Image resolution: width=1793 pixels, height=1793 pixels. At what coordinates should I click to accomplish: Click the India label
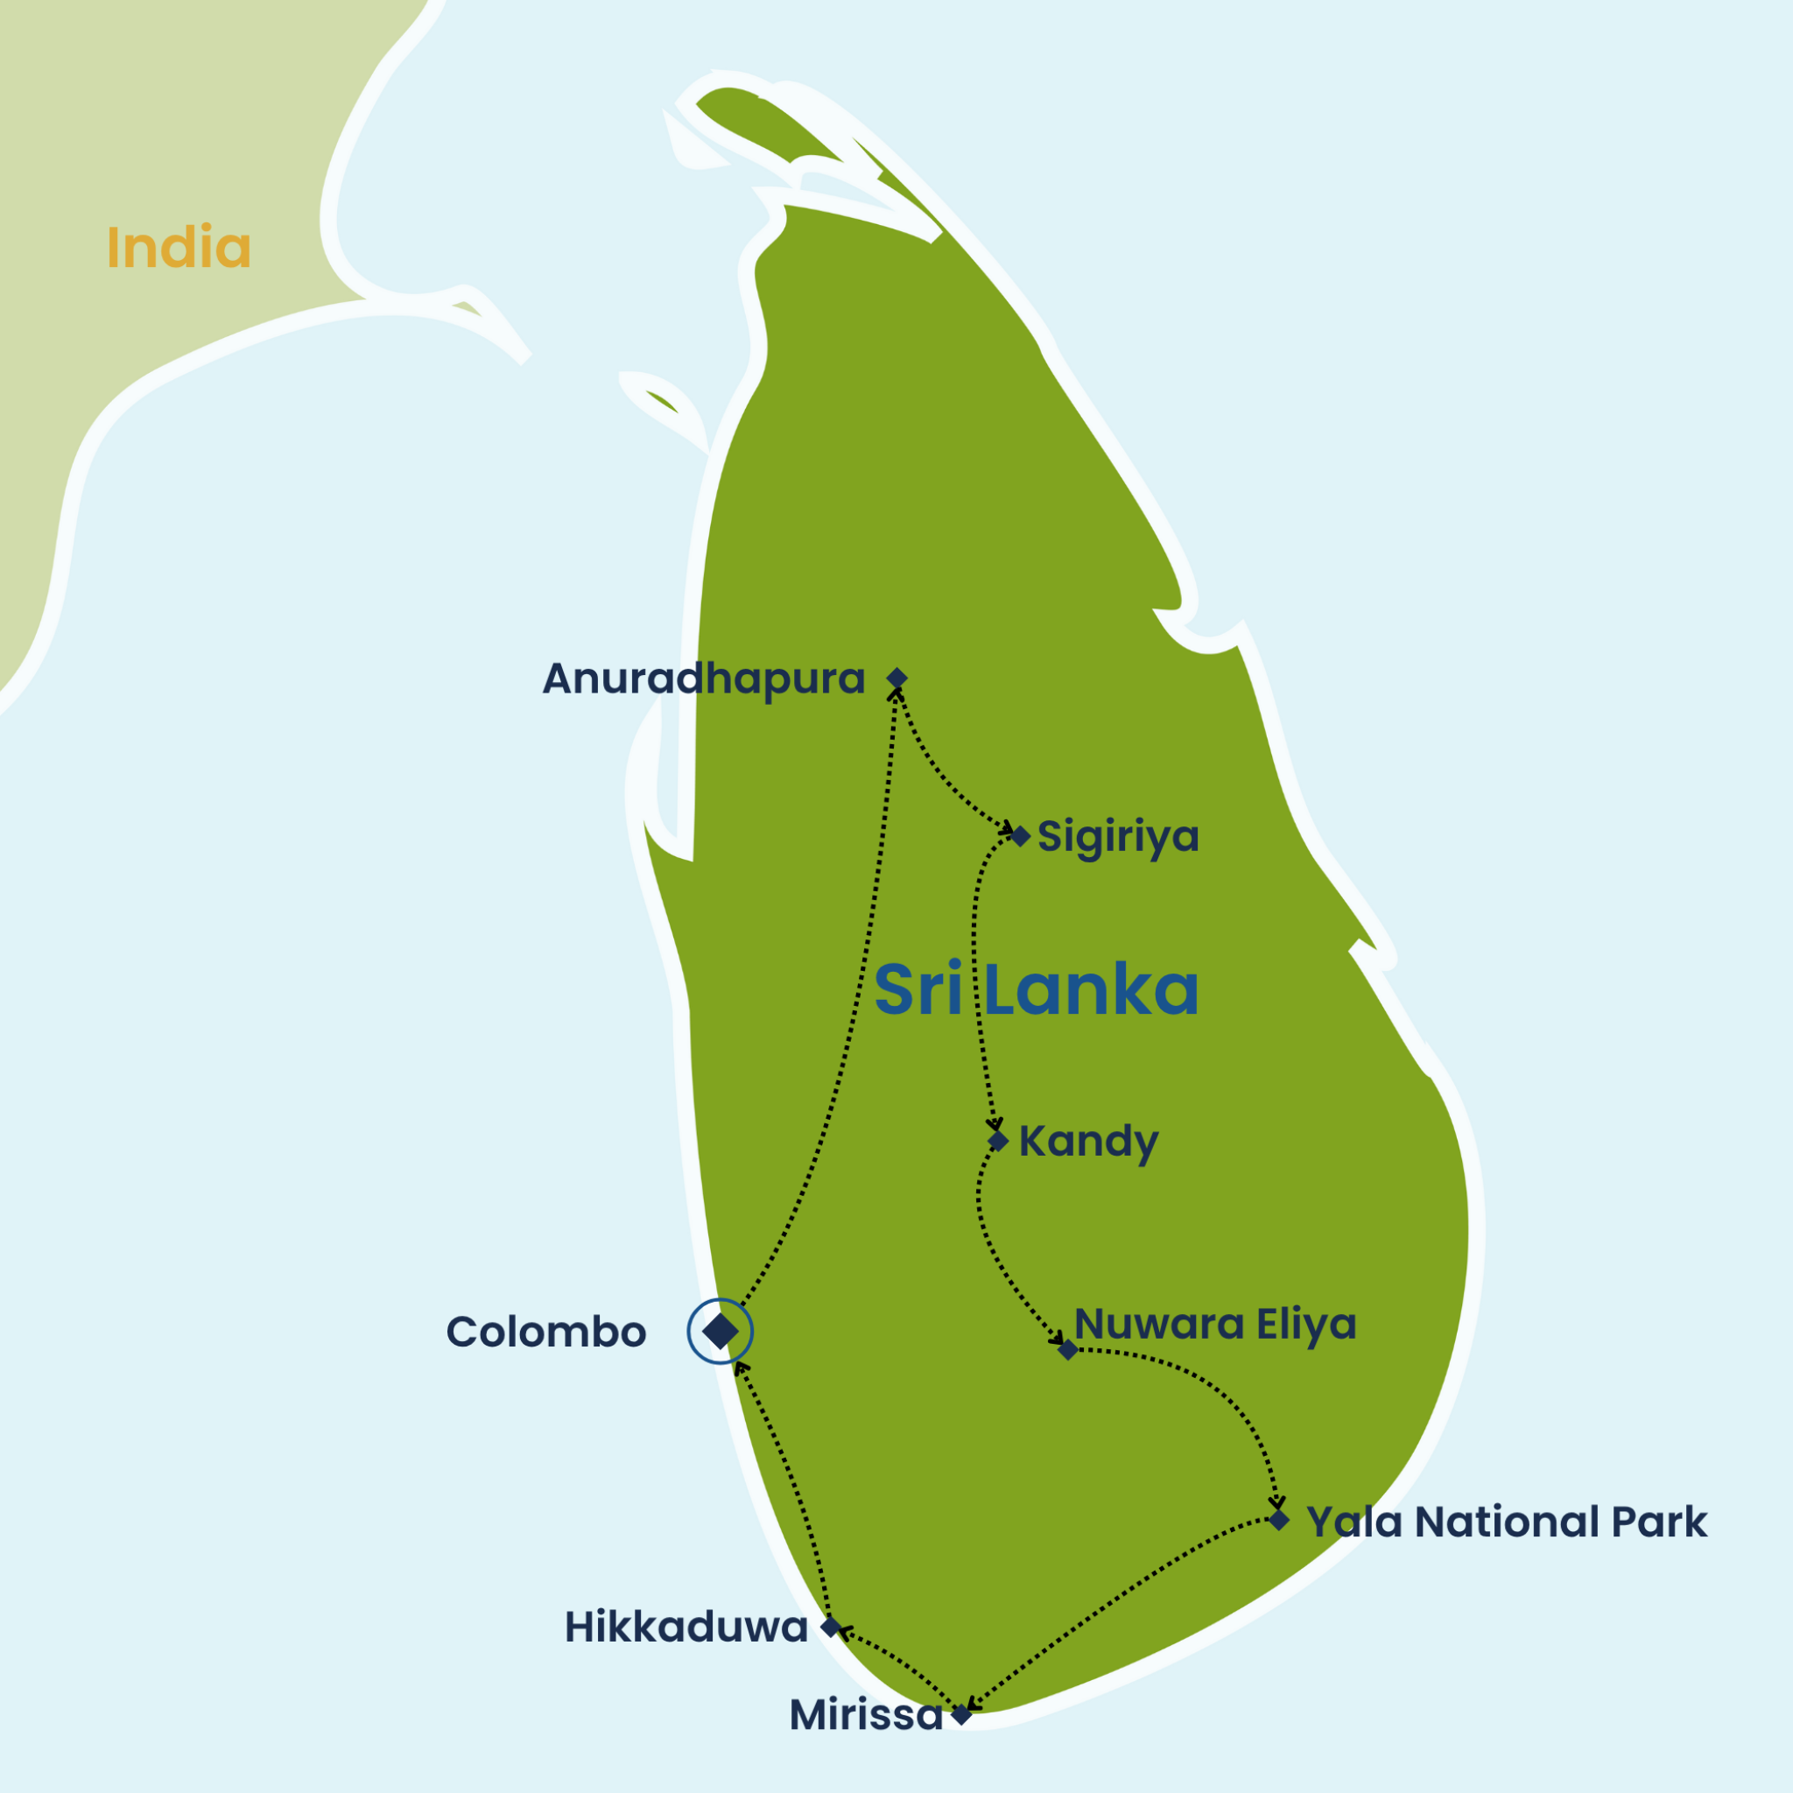coord(179,248)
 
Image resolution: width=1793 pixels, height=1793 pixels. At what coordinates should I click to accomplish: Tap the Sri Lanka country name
coord(1037,990)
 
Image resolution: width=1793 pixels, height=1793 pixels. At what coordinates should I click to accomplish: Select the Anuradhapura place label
coord(704,679)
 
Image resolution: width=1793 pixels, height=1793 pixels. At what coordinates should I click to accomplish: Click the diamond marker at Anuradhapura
coord(896,679)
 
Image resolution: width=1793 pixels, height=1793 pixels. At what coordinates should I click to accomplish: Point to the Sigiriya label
coord(1117,836)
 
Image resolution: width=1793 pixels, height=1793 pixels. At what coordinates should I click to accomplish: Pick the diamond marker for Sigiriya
coord(1020,836)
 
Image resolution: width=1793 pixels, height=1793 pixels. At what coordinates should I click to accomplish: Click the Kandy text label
coord(1088,1142)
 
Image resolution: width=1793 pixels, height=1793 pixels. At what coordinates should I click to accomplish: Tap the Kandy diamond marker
coord(998,1141)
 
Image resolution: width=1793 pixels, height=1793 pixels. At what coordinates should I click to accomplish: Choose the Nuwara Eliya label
coord(1216,1325)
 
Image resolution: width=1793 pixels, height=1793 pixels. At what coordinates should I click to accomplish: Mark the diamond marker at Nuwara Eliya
coord(1068,1349)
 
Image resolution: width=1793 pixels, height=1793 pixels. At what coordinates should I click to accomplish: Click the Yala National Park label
coord(1506,1522)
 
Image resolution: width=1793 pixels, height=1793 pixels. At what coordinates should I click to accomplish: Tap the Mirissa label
coord(866,1715)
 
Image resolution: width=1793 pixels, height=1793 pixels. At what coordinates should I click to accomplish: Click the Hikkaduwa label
coord(686,1628)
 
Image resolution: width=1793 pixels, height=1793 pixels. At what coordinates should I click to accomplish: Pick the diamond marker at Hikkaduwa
coord(832,1627)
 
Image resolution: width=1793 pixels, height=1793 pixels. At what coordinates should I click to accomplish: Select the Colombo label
coord(545,1332)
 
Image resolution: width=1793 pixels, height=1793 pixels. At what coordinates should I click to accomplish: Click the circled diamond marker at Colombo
coord(721,1332)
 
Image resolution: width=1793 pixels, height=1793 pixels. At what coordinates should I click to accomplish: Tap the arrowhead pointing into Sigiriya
coord(1006,828)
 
